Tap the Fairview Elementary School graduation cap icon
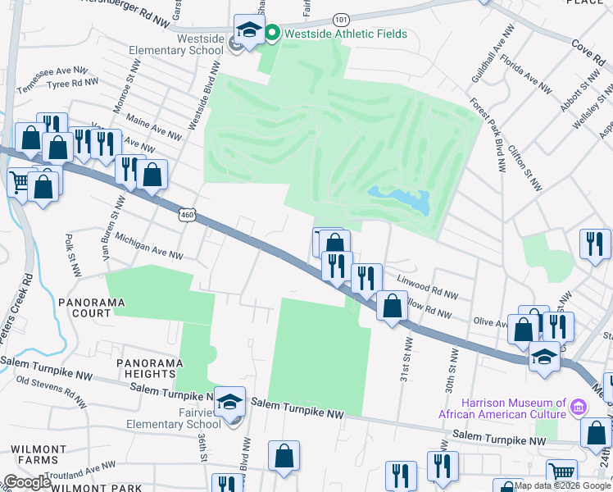point(230,401)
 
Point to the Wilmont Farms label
point(39,456)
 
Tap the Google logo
point(27,482)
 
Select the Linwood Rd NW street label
point(427,287)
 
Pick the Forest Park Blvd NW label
point(487,136)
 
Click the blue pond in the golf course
point(402,199)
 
